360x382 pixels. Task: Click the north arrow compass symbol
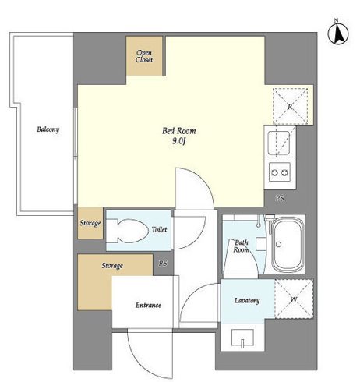click(x=338, y=33)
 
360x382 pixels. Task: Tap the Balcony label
click(x=48, y=129)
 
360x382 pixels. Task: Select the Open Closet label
click(x=144, y=56)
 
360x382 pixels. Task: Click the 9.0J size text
click(x=179, y=141)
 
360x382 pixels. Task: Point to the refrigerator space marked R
click(x=290, y=106)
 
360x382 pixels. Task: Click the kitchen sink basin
click(x=279, y=143)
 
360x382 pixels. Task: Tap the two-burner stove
click(x=280, y=172)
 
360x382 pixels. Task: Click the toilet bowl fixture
click(x=126, y=231)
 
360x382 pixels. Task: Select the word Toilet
click(x=159, y=229)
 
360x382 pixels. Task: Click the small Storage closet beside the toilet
click(x=90, y=223)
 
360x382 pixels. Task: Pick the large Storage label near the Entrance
click(x=112, y=266)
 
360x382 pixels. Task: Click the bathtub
click(x=288, y=244)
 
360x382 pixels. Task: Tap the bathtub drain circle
click(x=279, y=244)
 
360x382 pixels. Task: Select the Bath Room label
click(x=242, y=246)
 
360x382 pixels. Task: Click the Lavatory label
click(x=247, y=301)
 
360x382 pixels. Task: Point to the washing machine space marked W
click(x=294, y=299)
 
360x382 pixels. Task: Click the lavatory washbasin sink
click(x=242, y=338)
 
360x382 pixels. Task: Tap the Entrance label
click(x=148, y=305)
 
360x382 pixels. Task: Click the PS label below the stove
click(x=280, y=198)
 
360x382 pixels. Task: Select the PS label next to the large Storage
click(x=163, y=264)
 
